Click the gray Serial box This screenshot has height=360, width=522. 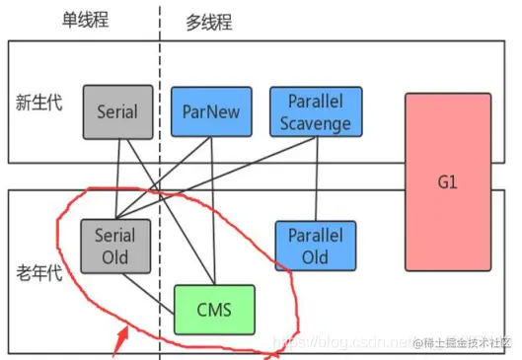coord(117,111)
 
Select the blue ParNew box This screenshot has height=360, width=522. coord(212,111)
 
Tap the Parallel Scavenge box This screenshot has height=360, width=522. coord(315,111)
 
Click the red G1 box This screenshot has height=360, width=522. coord(447,182)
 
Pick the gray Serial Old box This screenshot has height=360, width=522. coord(114,246)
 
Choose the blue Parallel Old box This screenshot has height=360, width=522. coord(315,246)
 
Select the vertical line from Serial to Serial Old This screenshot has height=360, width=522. coord(117,178)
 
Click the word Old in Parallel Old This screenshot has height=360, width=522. coord(315,256)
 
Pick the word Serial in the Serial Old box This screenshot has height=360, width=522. coord(114,236)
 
